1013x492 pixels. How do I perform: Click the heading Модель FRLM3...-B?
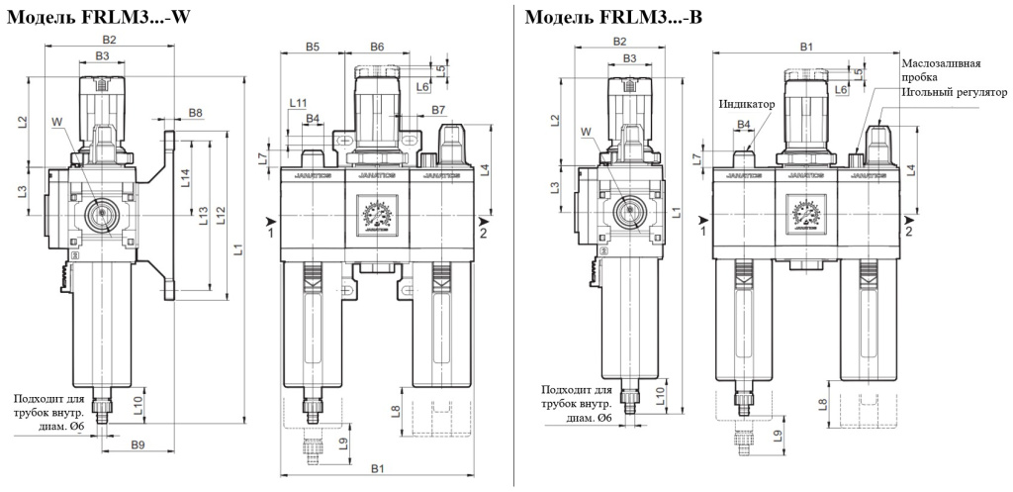tap(613, 17)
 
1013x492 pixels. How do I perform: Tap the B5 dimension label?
tap(313, 47)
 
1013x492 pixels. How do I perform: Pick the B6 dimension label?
tap(377, 47)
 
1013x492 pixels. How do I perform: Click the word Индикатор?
tap(746, 103)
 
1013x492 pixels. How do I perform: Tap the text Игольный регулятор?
tap(954, 92)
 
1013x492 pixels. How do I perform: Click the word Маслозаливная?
tap(941, 63)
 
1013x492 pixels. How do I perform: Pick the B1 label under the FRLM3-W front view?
tap(377, 467)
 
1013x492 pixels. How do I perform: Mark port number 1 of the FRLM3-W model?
tap(270, 233)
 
